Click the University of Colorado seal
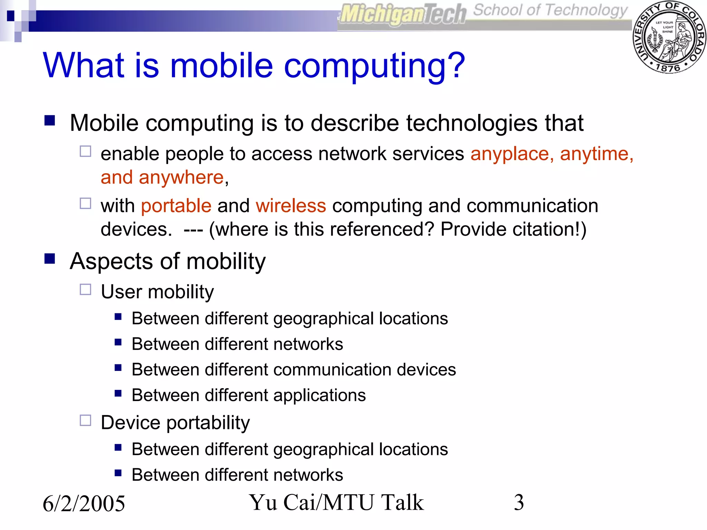click(x=669, y=37)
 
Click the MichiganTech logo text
click(x=403, y=14)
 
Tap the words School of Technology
click(x=550, y=10)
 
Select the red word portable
click(x=176, y=206)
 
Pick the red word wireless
click(x=291, y=206)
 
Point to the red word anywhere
click(x=181, y=178)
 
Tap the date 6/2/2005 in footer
click(x=84, y=503)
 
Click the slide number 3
click(x=519, y=502)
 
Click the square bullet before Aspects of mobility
click(x=50, y=258)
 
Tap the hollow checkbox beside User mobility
click(x=85, y=289)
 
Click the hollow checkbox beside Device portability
click(x=85, y=421)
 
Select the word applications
click(x=319, y=395)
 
